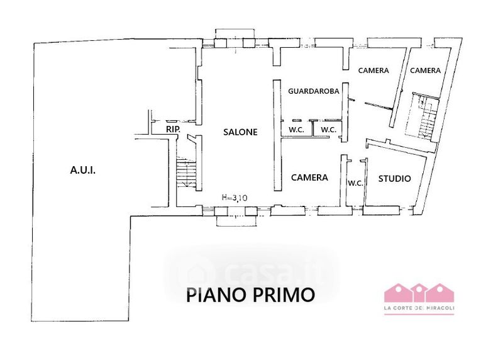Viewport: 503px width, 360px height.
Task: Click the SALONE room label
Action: pos(240,132)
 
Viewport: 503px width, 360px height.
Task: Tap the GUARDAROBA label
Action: pos(313,91)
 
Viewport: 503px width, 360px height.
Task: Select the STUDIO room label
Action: pos(395,179)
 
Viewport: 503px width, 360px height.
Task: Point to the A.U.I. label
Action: pos(83,170)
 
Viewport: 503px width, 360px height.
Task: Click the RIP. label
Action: pos(174,130)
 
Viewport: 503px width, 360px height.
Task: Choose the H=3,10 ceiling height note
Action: pos(235,198)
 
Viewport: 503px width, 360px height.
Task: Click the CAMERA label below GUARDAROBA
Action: pos(309,177)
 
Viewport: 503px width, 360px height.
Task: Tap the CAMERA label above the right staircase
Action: pos(426,70)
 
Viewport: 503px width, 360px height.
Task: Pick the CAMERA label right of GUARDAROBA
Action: pos(373,70)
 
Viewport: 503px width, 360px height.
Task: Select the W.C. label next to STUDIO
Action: pos(355,183)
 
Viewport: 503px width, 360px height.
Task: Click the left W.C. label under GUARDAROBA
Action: pos(296,130)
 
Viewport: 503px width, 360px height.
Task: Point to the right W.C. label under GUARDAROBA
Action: pos(328,130)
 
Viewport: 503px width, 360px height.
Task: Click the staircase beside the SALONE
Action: pos(186,174)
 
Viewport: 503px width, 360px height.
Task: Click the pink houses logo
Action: pos(419,293)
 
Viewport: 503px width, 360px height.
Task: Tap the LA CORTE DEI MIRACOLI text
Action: pos(419,308)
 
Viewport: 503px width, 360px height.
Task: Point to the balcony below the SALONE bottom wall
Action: pos(237,221)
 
